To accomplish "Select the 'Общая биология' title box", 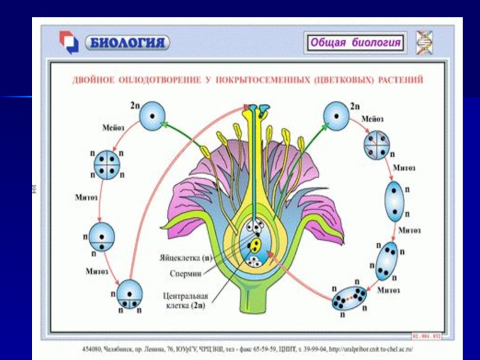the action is (x=355, y=43).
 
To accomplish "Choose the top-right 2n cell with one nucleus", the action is (x=336, y=114).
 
